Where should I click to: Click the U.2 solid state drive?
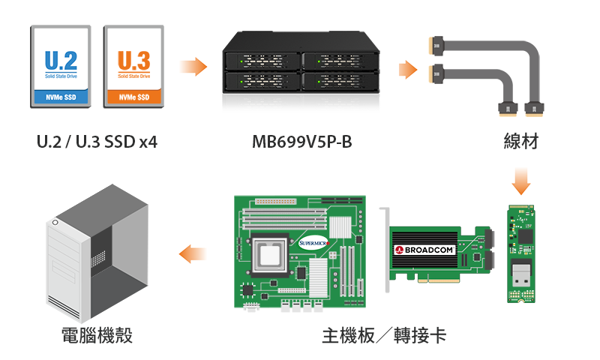[x=60, y=66]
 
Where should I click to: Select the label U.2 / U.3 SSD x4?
[x=97, y=141]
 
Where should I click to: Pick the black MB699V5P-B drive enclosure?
[x=301, y=67]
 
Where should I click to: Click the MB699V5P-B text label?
[x=301, y=141]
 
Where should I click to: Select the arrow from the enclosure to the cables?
[x=407, y=69]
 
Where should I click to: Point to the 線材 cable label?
[x=520, y=141]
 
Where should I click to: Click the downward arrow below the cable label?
[x=520, y=181]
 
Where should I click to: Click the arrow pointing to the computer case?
[x=193, y=253]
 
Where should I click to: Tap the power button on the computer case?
[x=55, y=223]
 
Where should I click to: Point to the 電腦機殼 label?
[x=97, y=335]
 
